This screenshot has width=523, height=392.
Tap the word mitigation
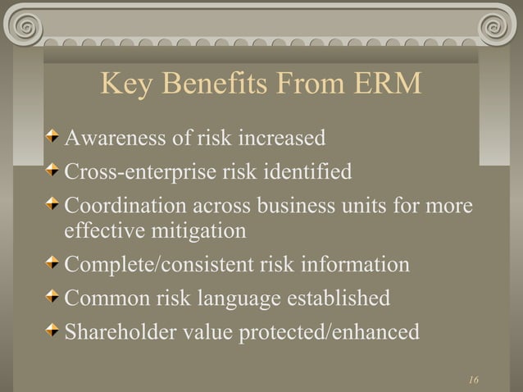click(196, 230)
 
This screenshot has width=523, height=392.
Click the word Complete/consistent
click(164, 265)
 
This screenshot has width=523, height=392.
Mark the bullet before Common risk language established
click(53, 297)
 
